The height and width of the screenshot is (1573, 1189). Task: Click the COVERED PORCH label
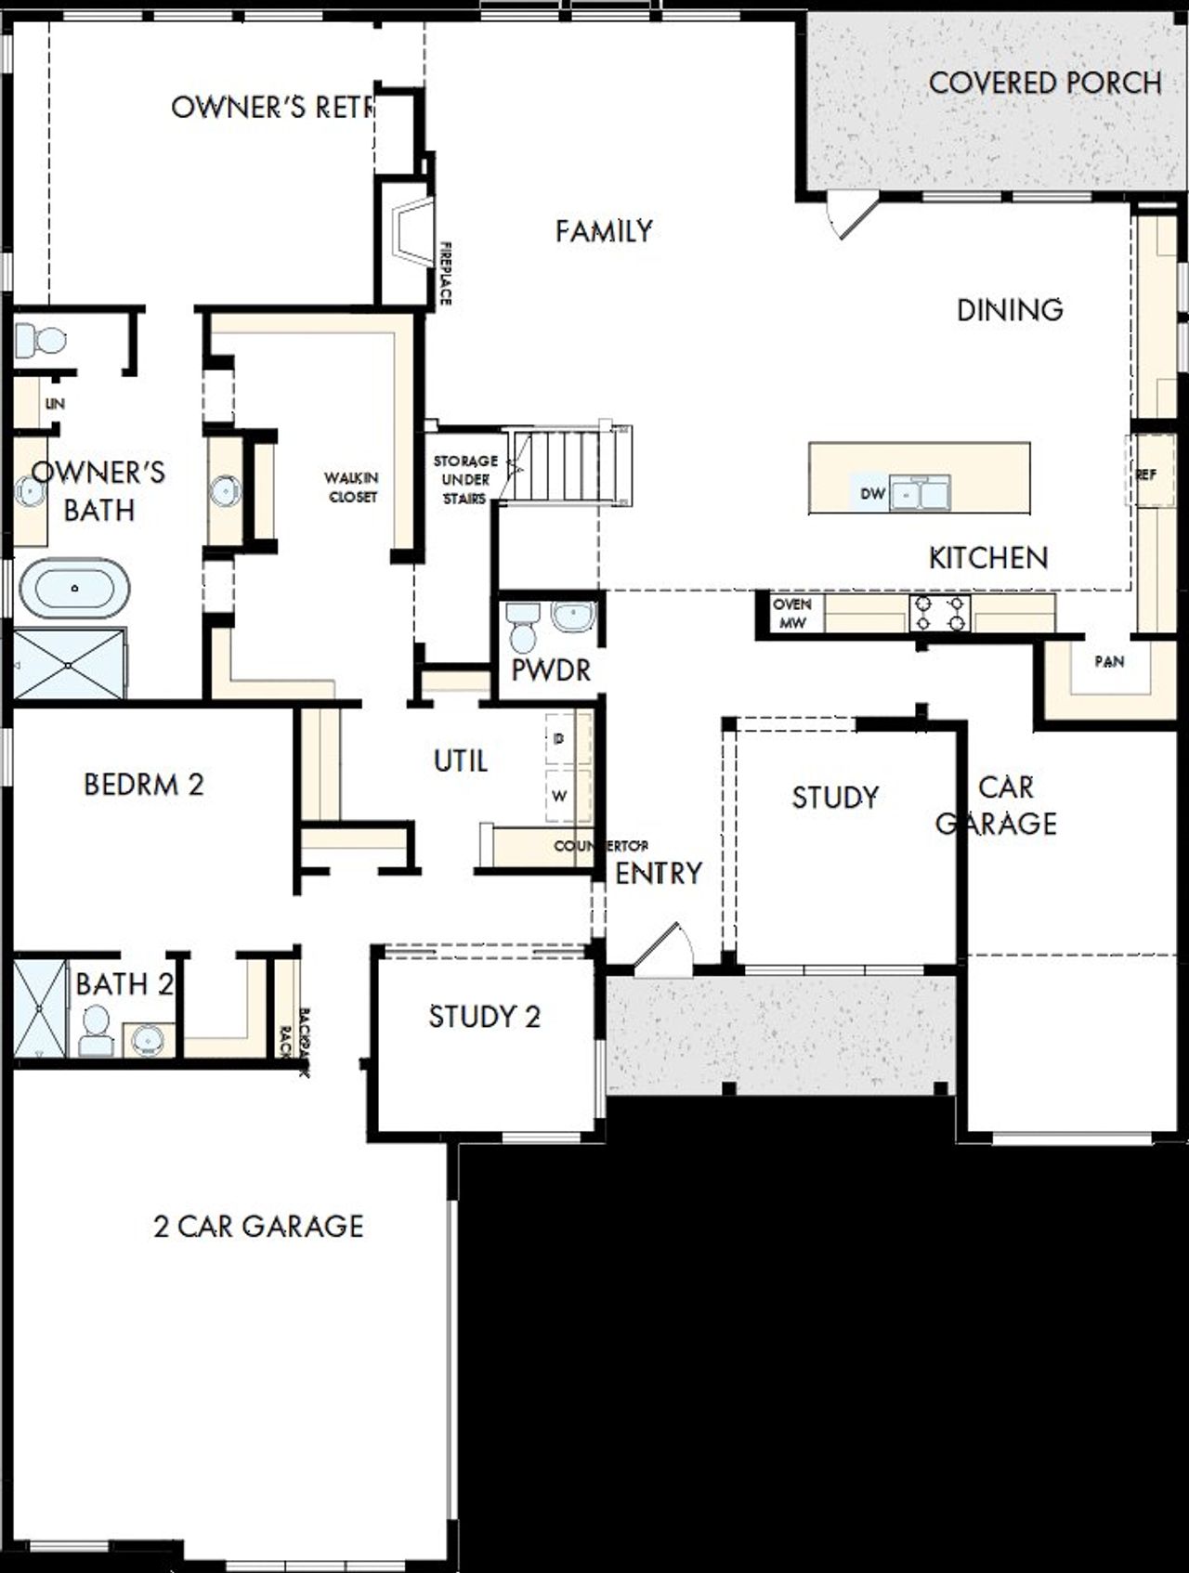click(1044, 83)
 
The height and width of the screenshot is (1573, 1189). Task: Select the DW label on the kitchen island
click(872, 494)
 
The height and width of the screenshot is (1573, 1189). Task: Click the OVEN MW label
click(792, 614)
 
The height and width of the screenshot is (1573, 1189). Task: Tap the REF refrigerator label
click(1145, 474)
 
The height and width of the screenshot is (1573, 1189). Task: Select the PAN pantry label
click(1109, 661)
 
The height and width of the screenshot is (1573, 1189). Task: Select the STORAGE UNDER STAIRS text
click(465, 479)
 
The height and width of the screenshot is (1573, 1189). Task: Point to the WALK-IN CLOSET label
click(351, 487)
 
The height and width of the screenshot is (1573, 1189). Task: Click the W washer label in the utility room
click(559, 796)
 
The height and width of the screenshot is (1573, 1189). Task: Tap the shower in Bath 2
click(41, 1007)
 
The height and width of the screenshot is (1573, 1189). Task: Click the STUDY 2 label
click(484, 1017)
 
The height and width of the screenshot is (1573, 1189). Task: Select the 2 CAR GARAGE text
click(258, 1226)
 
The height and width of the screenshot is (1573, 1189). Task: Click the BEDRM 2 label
click(143, 785)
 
